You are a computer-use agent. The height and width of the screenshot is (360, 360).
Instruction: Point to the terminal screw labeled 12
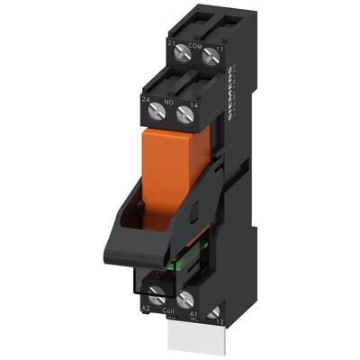coord(214,312)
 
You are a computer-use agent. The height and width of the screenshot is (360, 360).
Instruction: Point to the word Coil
coord(168,312)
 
